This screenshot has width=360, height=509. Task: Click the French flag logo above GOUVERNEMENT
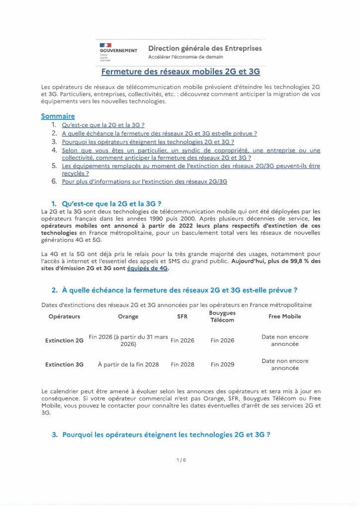(106, 45)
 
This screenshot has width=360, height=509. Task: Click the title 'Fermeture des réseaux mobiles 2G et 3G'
(180, 72)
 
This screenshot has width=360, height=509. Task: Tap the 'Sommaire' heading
(58, 116)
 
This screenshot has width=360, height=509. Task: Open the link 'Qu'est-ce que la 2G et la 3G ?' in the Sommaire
(103, 125)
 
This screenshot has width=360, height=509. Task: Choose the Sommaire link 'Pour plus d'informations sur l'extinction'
(144, 182)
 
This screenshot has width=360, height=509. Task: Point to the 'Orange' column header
(128, 316)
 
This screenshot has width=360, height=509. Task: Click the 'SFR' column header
(182, 316)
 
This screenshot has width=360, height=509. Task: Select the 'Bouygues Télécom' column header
(222, 317)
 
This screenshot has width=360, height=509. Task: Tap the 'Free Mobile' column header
(285, 316)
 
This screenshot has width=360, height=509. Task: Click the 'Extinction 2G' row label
(64, 341)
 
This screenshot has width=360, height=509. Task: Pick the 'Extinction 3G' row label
(64, 364)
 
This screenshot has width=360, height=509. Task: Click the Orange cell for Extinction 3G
(128, 364)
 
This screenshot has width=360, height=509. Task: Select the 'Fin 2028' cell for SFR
(182, 364)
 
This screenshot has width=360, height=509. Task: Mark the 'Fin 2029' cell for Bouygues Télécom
(222, 364)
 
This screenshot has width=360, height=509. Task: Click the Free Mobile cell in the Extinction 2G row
(285, 340)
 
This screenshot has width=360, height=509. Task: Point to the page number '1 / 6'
(181, 460)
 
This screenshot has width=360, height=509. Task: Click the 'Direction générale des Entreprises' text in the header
(205, 48)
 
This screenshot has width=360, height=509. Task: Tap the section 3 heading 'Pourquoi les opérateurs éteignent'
(166, 434)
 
